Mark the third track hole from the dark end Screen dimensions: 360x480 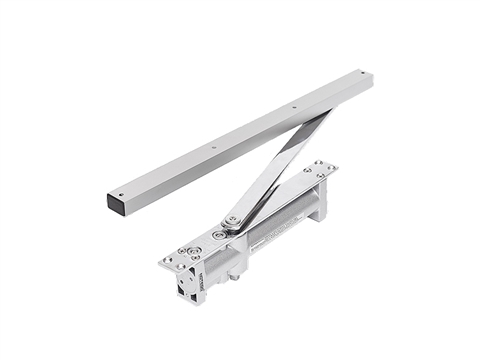[x=294, y=108]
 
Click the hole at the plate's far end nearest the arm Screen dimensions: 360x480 [x=307, y=170]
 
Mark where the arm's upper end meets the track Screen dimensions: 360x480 [x=318, y=117]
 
